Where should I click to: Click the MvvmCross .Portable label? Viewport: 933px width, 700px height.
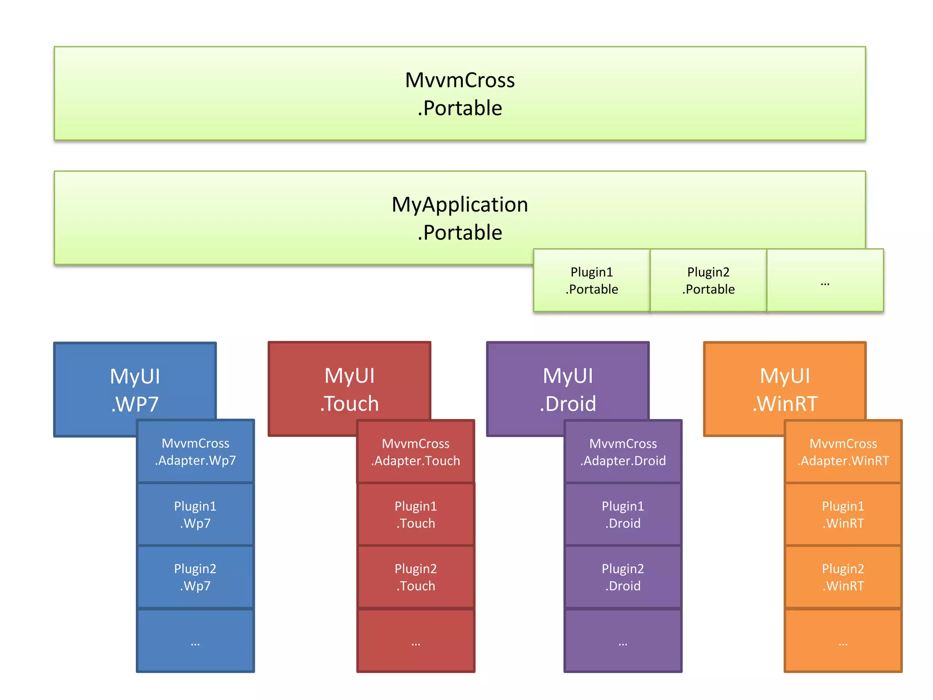click(x=460, y=94)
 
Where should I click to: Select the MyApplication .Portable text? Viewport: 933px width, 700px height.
click(x=460, y=218)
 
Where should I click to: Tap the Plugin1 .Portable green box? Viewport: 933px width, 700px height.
click(x=591, y=280)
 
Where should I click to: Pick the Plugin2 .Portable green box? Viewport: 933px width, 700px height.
click(x=708, y=280)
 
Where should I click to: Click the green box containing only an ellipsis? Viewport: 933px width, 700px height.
click(x=825, y=280)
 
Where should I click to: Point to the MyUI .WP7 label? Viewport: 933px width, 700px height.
click(x=135, y=390)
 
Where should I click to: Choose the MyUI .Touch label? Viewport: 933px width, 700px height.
click(x=349, y=389)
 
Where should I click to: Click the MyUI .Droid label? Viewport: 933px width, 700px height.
click(x=568, y=389)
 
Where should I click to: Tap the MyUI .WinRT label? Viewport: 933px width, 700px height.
click(x=785, y=389)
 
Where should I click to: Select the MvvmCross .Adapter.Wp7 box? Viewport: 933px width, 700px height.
click(x=195, y=452)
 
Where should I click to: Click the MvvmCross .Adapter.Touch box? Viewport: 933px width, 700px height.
click(x=415, y=452)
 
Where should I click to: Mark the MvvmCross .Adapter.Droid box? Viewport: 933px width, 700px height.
click(x=623, y=452)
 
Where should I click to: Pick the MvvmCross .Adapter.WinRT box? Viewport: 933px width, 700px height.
click(x=843, y=452)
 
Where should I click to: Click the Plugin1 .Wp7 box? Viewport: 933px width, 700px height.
click(x=195, y=515)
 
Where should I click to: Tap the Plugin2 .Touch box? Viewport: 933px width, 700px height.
click(x=415, y=577)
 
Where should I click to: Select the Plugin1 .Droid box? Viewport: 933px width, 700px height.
click(x=623, y=515)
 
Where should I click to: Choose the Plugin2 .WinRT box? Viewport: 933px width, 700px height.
click(x=843, y=577)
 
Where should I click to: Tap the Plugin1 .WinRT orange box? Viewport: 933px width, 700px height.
click(x=843, y=515)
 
